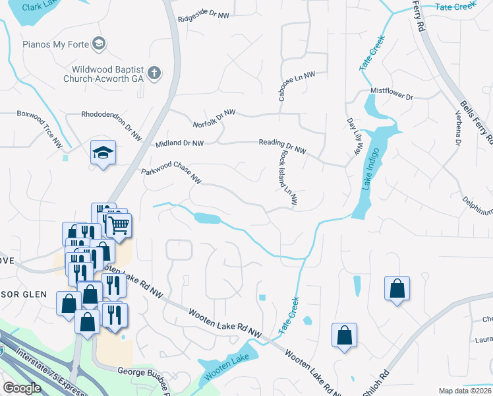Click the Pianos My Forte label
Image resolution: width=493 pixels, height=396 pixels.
tap(51, 45)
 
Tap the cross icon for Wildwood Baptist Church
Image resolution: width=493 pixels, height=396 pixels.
tap(154, 73)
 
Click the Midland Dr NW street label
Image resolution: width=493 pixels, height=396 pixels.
tap(180, 143)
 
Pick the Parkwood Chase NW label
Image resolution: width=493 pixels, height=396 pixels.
tap(171, 174)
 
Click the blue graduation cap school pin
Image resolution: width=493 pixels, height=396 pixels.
tap(103, 153)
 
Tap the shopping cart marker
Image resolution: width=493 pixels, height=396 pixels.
tap(118, 225)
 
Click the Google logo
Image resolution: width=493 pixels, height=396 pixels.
tap(22, 388)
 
